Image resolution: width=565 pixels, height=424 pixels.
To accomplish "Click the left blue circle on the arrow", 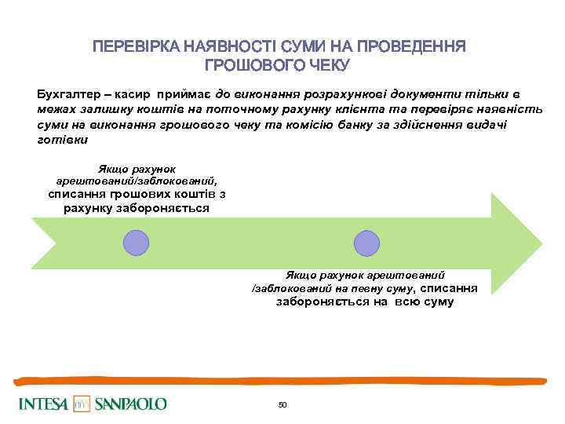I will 137,243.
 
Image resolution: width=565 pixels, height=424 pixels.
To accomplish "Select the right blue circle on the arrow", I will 366,243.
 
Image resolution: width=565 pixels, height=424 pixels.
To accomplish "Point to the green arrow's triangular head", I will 513,243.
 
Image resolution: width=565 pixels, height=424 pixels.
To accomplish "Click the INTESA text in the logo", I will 42,404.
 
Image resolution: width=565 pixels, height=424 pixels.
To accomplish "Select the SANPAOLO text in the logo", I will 130,404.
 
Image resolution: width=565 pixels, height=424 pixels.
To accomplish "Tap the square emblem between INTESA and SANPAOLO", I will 82,404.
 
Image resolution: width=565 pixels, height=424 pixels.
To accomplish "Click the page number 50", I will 282,404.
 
